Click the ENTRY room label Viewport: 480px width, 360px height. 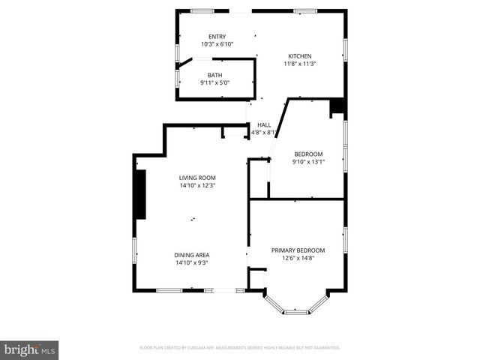216,37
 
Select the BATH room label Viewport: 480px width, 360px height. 215,75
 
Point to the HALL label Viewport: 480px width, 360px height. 264,124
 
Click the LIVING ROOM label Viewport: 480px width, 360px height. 197,178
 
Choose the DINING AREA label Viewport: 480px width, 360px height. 191,255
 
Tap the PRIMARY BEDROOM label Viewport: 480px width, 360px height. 298,250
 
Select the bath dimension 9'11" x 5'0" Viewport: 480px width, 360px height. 215,83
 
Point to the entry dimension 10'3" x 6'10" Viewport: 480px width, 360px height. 216,45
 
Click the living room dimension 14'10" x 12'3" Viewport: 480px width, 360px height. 197,186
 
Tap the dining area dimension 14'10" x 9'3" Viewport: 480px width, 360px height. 191,263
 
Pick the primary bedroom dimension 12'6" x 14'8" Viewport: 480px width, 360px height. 298,259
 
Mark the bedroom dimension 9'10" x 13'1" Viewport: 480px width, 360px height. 308,162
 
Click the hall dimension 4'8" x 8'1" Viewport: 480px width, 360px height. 264,133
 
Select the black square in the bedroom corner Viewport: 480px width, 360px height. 337,107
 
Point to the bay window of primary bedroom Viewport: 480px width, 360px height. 296,307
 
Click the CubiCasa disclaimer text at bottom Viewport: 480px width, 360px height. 240,348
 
